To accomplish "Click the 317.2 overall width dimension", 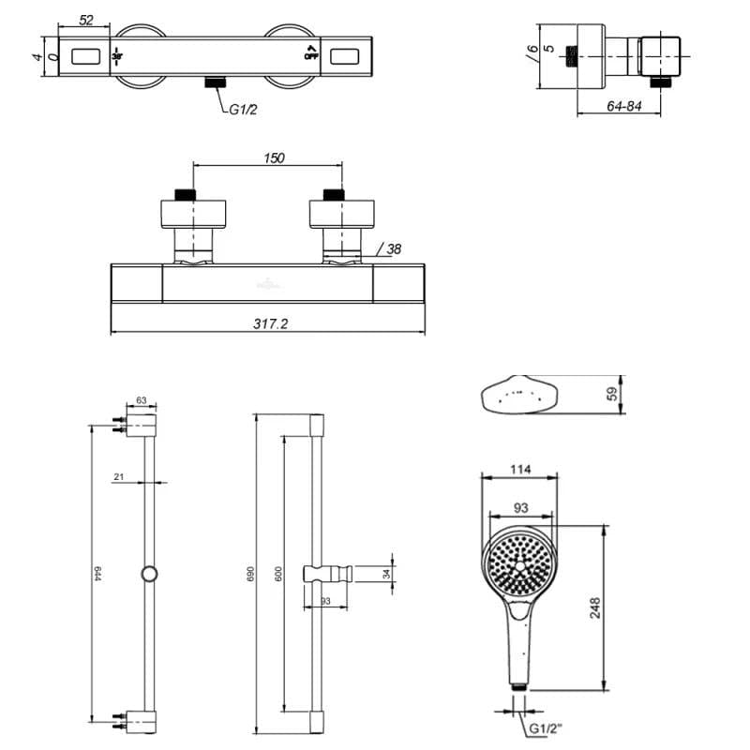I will (x=270, y=323).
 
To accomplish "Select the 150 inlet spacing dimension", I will (x=274, y=158).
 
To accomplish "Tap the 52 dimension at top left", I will (x=86, y=21).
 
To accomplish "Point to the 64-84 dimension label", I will (x=623, y=107).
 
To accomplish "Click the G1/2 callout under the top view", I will (x=243, y=110).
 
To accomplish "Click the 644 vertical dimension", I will (x=97, y=573).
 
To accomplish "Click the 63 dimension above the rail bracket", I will (x=142, y=400).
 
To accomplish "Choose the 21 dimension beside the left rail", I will (x=118, y=477).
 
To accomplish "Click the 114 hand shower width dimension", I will (x=520, y=470).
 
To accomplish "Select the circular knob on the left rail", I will (x=148, y=574).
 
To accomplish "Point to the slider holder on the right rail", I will (x=328, y=573).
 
